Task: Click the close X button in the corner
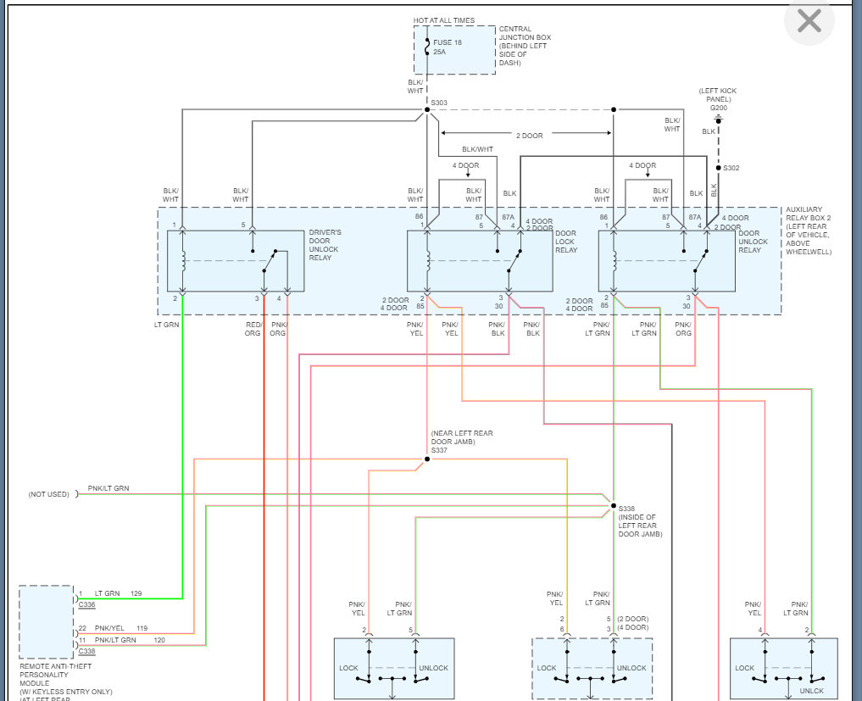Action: (x=809, y=21)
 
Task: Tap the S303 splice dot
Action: (x=427, y=109)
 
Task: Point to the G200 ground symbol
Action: (x=718, y=120)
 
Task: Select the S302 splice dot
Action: (x=718, y=168)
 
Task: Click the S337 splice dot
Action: (x=427, y=459)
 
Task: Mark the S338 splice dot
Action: (x=612, y=506)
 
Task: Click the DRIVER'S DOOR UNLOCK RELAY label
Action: (x=325, y=245)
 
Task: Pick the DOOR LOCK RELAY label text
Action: (x=565, y=242)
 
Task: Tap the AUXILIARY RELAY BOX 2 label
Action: (x=809, y=231)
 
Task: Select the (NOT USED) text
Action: (x=48, y=494)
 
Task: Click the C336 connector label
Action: (x=87, y=604)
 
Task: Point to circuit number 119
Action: (x=142, y=628)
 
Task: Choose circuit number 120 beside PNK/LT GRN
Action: (x=159, y=640)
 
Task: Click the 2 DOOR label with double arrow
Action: (x=530, y=135)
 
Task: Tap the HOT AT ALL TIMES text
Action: (x=444, y=20)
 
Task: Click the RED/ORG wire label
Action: (x=253, y=328)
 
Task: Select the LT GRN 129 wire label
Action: (x=117, y=593)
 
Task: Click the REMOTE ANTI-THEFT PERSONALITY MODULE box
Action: (x=47, y=622)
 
